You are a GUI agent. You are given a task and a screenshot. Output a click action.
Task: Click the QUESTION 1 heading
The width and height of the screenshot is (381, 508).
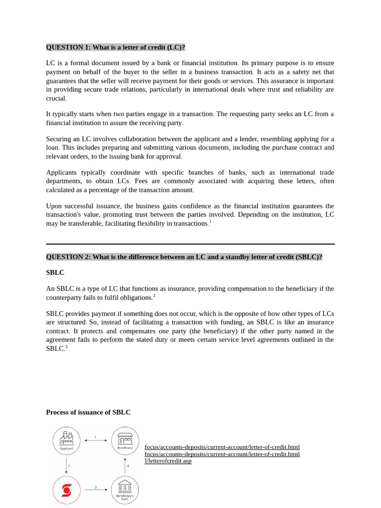(x=115, y=47)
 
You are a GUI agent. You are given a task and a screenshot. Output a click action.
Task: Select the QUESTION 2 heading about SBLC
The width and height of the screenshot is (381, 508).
(x=184, y=257)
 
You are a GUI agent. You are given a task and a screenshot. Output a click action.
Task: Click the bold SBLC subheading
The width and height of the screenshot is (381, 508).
(x=55, y=272)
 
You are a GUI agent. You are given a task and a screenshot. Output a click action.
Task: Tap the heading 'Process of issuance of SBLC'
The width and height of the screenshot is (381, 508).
(x=88, y=412)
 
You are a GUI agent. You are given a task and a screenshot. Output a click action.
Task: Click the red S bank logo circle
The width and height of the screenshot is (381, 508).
(x=66, y=490)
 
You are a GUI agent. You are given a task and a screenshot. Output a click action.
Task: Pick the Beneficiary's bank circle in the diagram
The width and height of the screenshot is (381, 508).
(x=125, y=490)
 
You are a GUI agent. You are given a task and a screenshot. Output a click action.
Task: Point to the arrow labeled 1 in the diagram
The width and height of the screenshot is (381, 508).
(x=95, y=440)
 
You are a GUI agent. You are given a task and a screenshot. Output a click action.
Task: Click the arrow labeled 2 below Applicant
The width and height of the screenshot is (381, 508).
(x=66, y=465)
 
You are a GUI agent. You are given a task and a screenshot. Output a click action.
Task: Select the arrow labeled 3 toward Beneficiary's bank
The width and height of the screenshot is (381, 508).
(x=95, y=490)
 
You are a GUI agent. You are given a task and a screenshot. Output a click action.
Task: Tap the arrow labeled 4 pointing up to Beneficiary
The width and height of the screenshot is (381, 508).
(x=125, y=465)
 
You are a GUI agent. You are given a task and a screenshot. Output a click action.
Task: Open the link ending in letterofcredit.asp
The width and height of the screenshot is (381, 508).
(x=168, y=461)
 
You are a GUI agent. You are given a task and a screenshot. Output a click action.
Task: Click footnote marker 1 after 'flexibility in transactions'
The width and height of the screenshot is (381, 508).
(x=210, y=222)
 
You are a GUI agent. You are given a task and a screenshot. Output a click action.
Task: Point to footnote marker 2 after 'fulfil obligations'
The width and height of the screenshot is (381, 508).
(x=154, y=296)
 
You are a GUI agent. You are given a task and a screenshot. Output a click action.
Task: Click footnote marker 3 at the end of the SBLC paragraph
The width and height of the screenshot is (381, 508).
(x=66, y=347)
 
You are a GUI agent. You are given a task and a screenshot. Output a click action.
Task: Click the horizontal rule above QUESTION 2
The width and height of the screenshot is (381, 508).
(x=190, y=244)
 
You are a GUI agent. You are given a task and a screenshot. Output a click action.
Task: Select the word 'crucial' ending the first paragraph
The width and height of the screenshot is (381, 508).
(x=56, y=98)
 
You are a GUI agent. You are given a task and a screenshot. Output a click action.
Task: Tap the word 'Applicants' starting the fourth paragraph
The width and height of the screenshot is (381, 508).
(x=62, y=173)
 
